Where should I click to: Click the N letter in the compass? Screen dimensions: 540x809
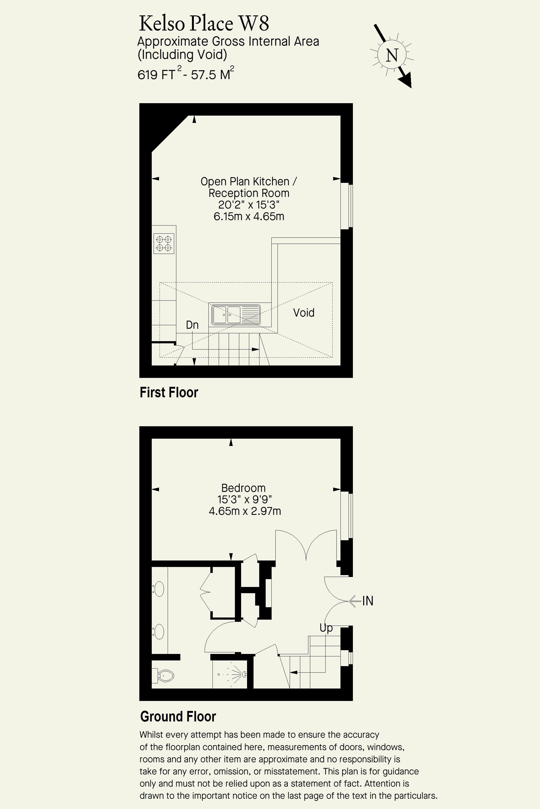tap(392, 55)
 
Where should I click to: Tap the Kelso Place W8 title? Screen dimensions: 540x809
tap(204, 24)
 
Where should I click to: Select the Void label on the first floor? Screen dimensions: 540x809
tap(304, 313)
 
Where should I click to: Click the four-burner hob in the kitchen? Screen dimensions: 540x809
tap(164, 243)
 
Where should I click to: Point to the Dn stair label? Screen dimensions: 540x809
tap(192, 325)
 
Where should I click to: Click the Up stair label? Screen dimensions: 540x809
tap(326, 628)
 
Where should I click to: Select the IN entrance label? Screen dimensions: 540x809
tap(368, 601)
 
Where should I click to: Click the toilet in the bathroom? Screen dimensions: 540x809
tap(163, 676)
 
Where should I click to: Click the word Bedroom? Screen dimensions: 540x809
tap(244, 488)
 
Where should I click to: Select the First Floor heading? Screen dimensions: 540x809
tap(169, 392)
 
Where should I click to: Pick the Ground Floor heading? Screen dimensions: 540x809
tap(178, 717)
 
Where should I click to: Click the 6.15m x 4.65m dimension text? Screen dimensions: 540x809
tap(249, 216)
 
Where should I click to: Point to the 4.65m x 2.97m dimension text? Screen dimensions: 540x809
tap(245, 511)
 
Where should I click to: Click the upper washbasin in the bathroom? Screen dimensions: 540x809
tap(159, 589)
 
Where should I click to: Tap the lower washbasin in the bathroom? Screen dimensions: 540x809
tap(159, 632)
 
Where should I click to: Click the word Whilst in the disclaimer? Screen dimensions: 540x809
tap(151, 735)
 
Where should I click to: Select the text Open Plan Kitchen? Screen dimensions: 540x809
tap(245, 182)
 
